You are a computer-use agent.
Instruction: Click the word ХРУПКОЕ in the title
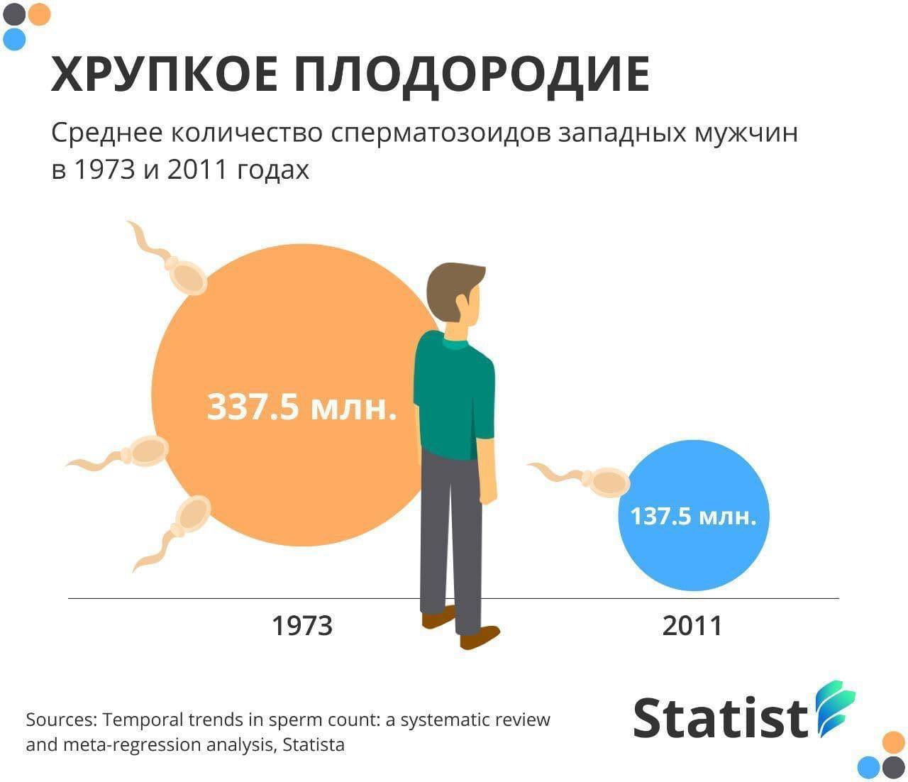[165, 75]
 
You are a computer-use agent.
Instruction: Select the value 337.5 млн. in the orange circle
[301, 406]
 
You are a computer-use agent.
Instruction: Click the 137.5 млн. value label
[693, 515]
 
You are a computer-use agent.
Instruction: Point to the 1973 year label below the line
[302, 626]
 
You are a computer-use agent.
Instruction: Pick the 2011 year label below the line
[692, 626]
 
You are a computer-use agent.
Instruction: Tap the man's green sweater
[454, 395]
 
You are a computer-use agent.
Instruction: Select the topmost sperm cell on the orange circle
[169, 259]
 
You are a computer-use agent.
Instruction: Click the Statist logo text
[721, 717]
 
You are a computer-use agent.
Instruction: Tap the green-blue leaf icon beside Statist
[835, 708]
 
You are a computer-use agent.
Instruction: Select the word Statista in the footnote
[314, 744]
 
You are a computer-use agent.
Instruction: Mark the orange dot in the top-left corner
[39, 14]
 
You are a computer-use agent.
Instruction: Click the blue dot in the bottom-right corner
[869, 767]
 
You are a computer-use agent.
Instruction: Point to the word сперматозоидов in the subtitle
[441, 133]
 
